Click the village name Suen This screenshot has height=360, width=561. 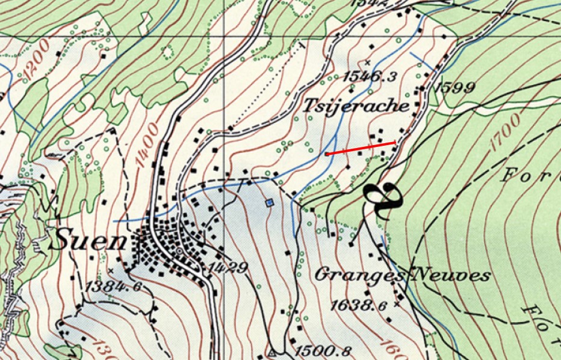coord(88,242)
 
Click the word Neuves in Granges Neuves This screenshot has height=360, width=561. coord(451,276)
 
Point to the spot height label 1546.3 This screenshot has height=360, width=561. coord(370,76)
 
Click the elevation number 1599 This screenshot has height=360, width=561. coord(455,87)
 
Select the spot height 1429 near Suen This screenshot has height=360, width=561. coord(228,267)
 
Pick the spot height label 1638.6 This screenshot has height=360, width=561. coord(359,305)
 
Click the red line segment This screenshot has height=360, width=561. coord(361,148)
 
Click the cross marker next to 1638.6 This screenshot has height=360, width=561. coord(396,305)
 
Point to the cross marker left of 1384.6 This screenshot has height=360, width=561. coord(111,270)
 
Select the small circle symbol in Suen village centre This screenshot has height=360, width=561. coord(179,251)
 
